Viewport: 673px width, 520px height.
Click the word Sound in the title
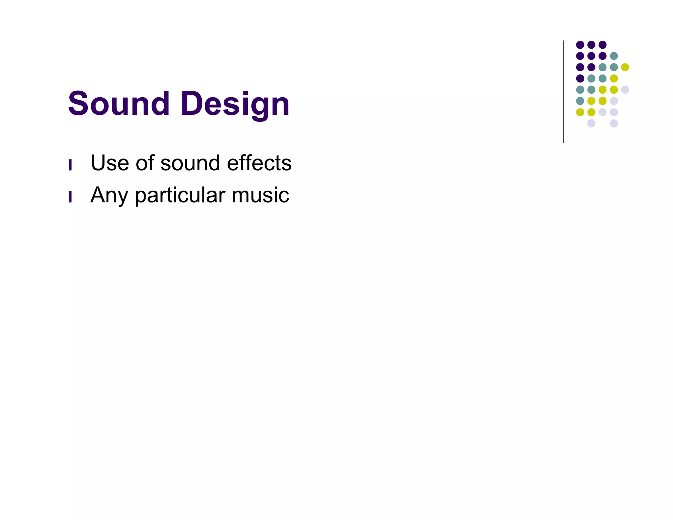[x=119, y=104]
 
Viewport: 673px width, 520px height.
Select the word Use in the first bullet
[x=110, y=163]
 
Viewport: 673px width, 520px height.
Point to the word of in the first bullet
[x=145, y=163]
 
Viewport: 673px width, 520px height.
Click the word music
[x=260, y=195]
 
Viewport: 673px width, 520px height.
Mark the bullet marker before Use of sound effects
[x=70, y=165]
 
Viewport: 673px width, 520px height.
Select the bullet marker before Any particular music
[x=70, y=197]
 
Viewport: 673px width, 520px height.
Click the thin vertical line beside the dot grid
[x=563, y=92]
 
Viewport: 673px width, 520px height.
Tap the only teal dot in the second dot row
[x=614, y=56]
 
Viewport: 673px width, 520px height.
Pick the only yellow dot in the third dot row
[x=625, y=67]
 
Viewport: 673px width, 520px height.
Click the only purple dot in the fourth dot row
[x=580, y=78]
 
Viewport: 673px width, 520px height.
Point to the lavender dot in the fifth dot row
[x=625, y=89]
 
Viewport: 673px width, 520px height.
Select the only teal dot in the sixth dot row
[x=580, y=101]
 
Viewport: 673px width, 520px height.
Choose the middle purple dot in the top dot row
[x=591, y=45]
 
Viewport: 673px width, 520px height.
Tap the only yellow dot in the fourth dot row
[x=614, y=78]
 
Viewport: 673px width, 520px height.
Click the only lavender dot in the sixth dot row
[x=614, y=101]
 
